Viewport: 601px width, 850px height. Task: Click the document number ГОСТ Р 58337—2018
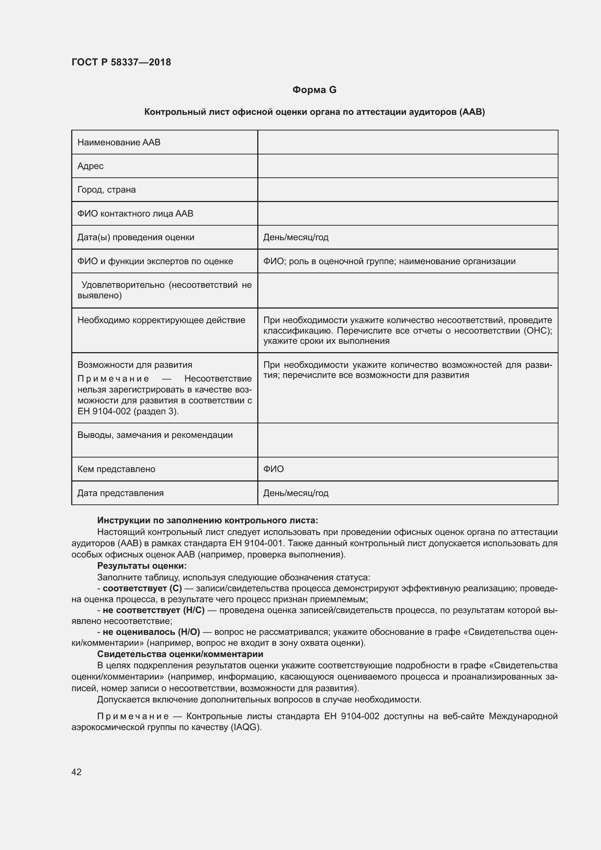click(x=121, y=62)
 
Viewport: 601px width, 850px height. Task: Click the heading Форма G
click(x=314, y=90)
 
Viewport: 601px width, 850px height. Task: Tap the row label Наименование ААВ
click(x=119, y=142)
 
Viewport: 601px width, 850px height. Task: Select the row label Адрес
click(x=90, y=166)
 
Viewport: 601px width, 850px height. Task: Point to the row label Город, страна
click(x=106, y=190)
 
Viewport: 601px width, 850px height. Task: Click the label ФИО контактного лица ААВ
click(x=135, y=214)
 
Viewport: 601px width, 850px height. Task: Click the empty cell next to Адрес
click(x=407, y=166)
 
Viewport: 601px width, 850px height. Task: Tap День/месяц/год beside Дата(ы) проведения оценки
click(x=296, y=237)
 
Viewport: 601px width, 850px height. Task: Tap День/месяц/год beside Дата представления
click(x=296, y=493)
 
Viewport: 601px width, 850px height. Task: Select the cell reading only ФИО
click(x=274, y=469)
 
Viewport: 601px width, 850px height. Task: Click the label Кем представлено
click(x=116, y=469)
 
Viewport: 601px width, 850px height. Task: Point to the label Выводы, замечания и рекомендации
click(x=155, y=435)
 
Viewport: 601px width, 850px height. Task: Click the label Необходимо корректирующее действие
click(x=161, y=320)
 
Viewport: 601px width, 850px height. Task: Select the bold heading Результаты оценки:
click(x=142, y=566)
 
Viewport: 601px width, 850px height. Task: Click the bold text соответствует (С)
click(x=142, y=589)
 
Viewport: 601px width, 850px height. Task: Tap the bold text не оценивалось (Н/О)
click(x=151, y=632)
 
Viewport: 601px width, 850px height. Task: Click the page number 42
click(x=76, y=772)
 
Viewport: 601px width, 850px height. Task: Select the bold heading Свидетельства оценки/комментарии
click(x=180, y=654)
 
